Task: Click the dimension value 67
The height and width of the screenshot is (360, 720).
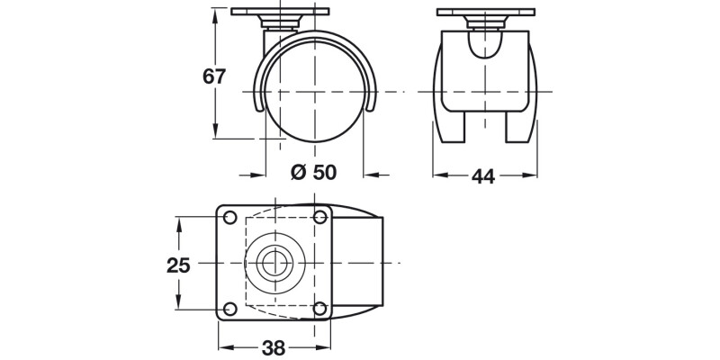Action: [213, 76]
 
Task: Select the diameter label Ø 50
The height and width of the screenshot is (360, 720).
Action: [314, 173]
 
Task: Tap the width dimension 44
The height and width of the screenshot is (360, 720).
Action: [483, 176]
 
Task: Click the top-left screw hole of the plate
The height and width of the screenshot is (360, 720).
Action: [229, 218]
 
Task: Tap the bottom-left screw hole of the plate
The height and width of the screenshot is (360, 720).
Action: [229, 309]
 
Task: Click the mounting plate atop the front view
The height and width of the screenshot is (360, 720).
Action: [484, 13]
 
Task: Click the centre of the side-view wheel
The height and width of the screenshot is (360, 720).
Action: [315, 93]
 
